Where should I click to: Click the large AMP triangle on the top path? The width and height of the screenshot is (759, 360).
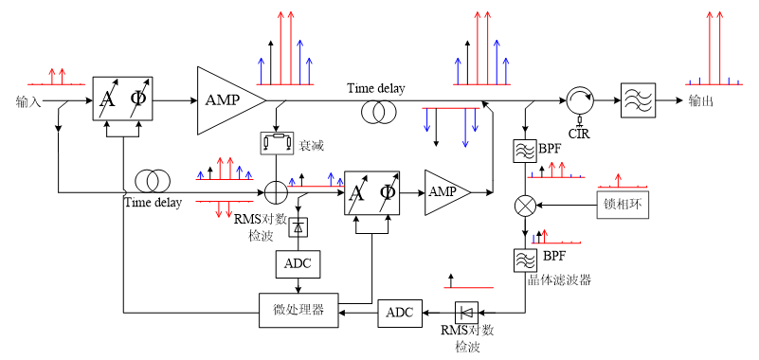(x=227, y=100)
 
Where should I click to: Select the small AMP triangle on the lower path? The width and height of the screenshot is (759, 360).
(x=444, y=192)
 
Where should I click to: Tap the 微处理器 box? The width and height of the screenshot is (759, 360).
(x=298, y=310)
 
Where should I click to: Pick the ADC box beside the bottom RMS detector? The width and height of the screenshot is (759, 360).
(x=400, y=313)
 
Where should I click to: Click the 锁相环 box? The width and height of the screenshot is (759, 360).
(x=622, y=206)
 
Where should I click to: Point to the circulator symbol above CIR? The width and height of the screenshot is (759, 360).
(x=580, y=100)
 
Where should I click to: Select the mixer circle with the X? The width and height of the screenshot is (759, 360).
(x=525, y=206)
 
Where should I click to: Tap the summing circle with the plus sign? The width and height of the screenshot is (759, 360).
(x=277, y=192)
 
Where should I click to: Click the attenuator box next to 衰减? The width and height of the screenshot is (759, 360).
(x=276, y=143)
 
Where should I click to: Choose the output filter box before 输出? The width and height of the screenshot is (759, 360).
(x=638, y=100)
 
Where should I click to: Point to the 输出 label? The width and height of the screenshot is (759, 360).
(x=700, y=100)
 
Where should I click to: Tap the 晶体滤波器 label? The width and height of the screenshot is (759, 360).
(x=559, y=279)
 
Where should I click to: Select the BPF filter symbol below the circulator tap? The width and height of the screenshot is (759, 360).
(x=525, y=151)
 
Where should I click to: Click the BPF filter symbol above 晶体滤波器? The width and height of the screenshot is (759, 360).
(x=525, y=260)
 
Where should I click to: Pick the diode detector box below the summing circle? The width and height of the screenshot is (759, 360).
(x=298, y=227)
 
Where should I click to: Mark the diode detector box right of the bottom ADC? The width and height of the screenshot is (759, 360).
(x=466, y=313)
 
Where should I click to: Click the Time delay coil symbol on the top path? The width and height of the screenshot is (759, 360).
(x=379, y=112)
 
